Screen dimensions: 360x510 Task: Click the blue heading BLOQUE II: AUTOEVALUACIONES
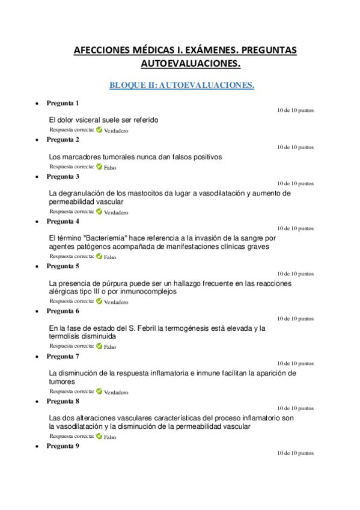pos(182,85)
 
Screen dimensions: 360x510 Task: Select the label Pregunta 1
pos(63,103)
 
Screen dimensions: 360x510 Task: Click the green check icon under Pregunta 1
pos(99,130)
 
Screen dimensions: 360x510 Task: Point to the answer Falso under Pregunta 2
pos(110,167)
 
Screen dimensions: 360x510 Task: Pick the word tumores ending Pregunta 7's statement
pos(63,381)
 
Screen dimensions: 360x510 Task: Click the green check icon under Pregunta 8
pos(99,437)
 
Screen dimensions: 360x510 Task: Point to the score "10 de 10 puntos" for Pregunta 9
pos(295,453)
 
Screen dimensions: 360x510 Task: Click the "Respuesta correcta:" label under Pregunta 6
pos(72,346)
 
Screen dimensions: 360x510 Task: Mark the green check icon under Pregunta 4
pos(99,256)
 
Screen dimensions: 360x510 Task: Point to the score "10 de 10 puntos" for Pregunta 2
pos(295,147)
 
